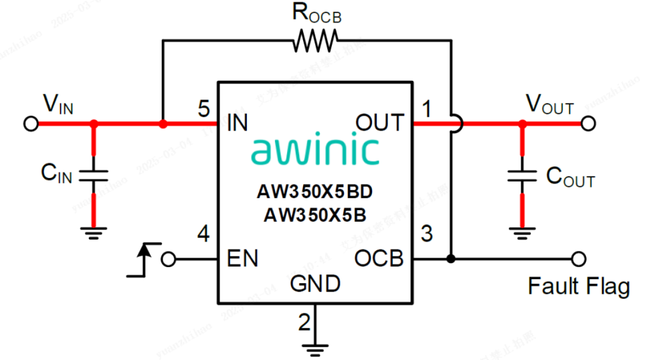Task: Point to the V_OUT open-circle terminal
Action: click(x=588, y=123)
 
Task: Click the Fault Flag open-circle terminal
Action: click(x=578, y=259)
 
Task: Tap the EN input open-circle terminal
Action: click(x=170, y=259)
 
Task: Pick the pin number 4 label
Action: click(x=204, y=235)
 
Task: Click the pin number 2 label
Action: click(x=304, y=323)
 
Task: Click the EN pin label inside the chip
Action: click(x=243, y=259)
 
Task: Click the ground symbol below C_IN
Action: click(x=93, y=232)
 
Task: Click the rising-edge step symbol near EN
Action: click(x=143, y=259)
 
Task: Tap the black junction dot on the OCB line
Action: click(x=451, y=259)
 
